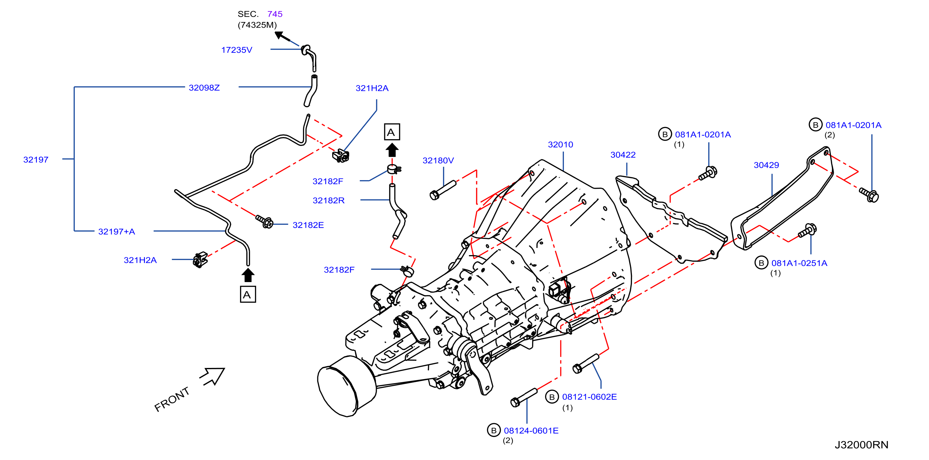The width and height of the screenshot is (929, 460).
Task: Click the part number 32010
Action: pos(561,145)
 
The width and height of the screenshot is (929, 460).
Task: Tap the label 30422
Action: pos(623,155)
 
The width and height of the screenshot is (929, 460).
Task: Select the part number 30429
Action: pos(766,165)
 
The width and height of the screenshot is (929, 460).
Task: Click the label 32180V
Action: pos(438,161)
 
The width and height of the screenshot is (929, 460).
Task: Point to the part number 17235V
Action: pos(237,50)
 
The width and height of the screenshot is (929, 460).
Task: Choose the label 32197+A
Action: pos(116,232)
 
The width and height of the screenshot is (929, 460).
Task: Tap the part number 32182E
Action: pos(308,225)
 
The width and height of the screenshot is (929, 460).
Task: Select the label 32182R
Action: pos(328,201)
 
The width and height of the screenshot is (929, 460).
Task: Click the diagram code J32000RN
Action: pos(862,445)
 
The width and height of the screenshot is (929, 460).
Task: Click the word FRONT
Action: pos(172,399)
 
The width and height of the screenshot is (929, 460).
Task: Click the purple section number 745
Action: pos(275,14)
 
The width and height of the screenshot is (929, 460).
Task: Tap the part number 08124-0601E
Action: pos(531,431)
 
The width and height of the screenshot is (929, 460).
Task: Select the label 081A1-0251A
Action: pos(799,263)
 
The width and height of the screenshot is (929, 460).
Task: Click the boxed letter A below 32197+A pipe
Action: pos(248,295)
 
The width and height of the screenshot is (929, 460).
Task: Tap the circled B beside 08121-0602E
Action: pos(552,397)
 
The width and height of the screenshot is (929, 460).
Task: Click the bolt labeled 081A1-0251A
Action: pos(807,231)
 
